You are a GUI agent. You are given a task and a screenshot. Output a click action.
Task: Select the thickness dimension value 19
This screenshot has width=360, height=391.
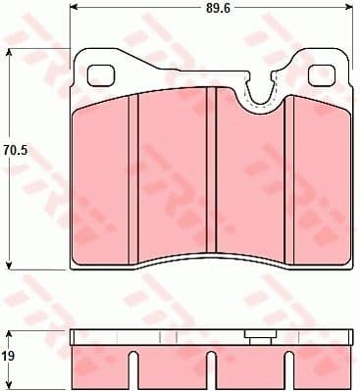(8, 358)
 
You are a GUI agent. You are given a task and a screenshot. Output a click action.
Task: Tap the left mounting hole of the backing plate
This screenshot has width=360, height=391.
(101, 75)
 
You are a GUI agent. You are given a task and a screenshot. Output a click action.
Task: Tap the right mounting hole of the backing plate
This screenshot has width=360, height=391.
(320, 75)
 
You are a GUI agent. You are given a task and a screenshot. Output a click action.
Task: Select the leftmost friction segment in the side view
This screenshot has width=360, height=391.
(102, 363)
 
